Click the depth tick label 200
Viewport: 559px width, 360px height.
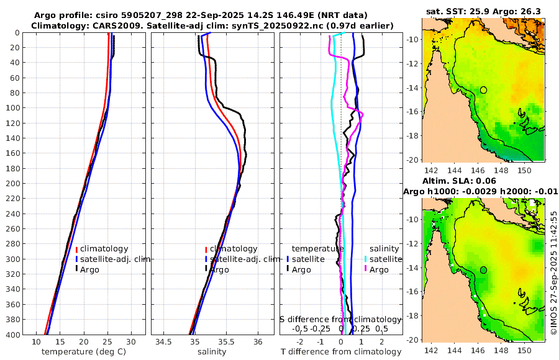pos(12,184)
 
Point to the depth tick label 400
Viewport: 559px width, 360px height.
pos(12,335)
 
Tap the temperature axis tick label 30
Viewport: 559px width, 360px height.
pos(131,342)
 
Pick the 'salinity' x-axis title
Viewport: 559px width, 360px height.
pos(211,352)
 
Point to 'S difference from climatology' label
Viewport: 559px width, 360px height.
pos(341,318)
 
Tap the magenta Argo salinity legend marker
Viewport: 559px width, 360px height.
pos(366,269)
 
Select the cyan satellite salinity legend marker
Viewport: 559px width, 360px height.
pos(366,259)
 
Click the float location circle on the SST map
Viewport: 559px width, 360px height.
pos(483,90)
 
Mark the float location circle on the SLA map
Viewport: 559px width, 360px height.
pos(483,270)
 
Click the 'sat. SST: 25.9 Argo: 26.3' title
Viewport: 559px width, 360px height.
pos(483,11)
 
